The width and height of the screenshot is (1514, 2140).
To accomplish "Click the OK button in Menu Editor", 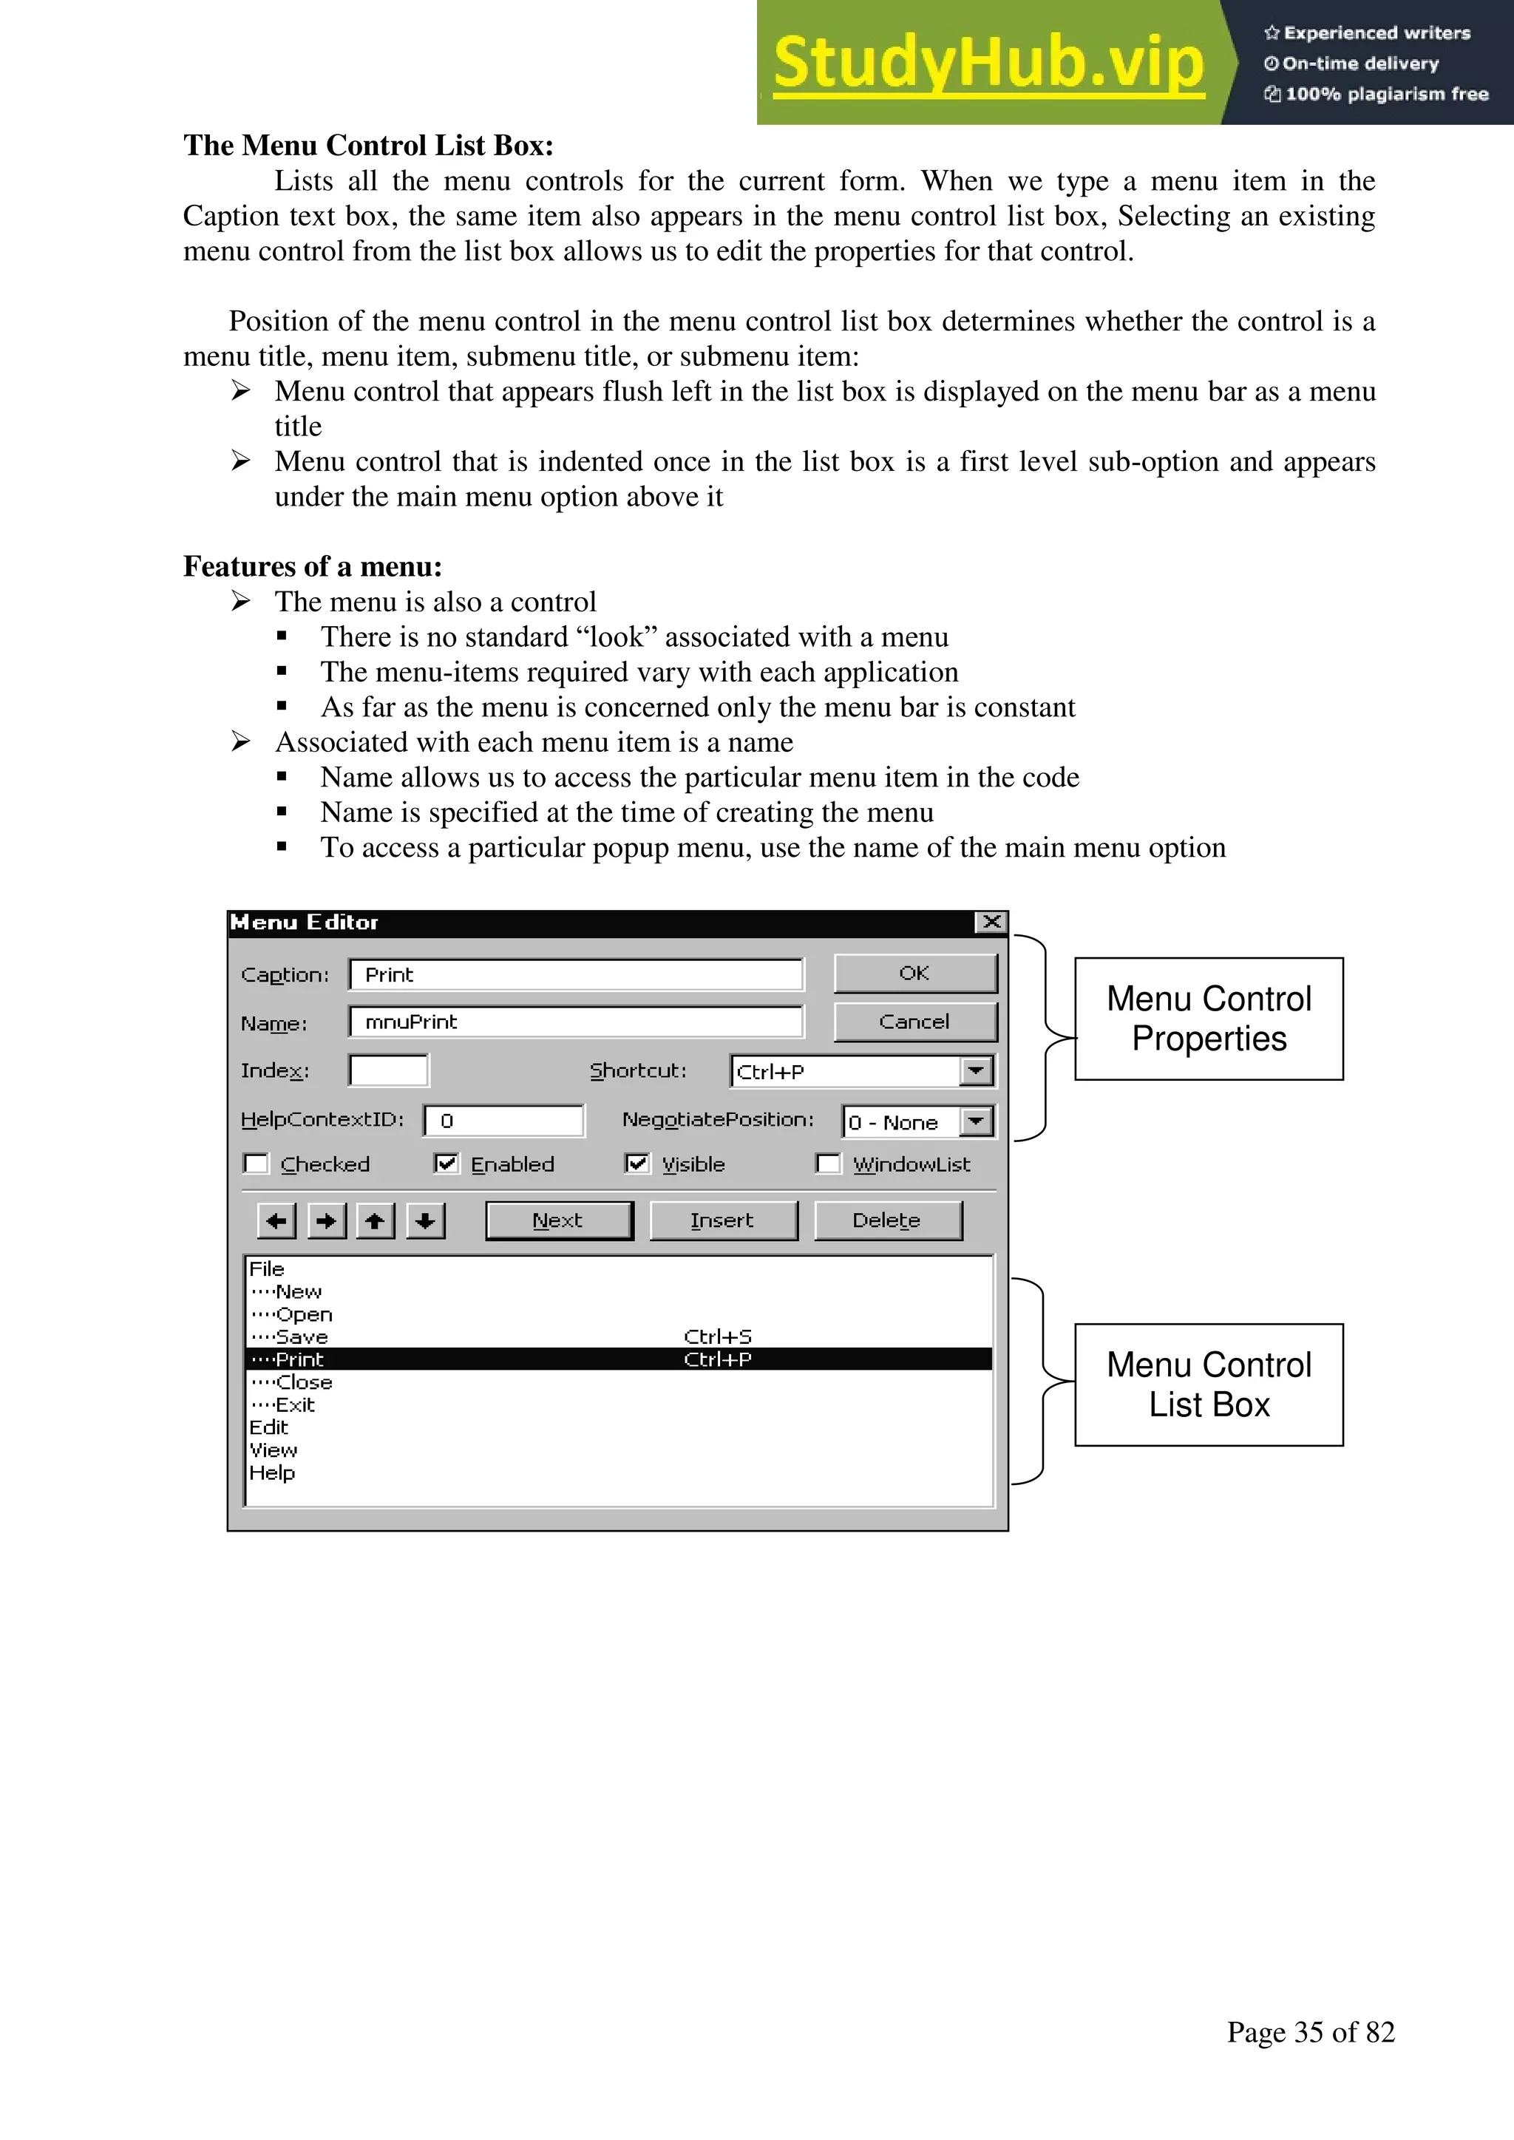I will [x=914, y=973].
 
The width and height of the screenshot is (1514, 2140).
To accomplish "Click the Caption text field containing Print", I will [x=575, y=975].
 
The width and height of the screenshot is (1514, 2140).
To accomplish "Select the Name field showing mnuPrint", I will [x=575, y=1022].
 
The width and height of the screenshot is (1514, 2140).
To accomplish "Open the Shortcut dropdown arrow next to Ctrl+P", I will [x=976, y=1071].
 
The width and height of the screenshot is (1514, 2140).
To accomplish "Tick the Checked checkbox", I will [x=257, y=1164].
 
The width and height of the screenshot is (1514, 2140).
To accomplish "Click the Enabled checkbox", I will [x=447, y=1164].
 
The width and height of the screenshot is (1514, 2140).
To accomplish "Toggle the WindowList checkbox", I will [x=828, y=1164].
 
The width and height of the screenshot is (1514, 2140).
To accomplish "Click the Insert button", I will [x=722, y=1221].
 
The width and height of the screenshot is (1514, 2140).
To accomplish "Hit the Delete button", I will [x=886, y=1221].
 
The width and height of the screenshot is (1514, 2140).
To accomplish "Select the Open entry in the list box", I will [x=304, y=1315].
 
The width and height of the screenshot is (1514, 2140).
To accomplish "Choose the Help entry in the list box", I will [x=272, y=1473].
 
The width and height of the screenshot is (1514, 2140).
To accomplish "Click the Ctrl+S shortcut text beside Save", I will [x=718, y=1337].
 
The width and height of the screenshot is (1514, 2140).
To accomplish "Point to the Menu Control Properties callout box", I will [x=1208, y=1019].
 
